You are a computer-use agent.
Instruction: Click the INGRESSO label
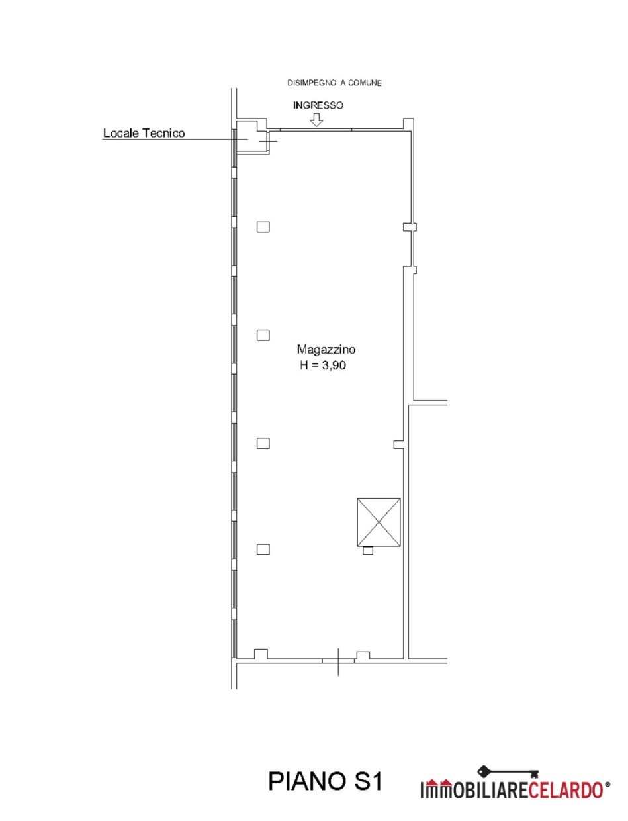pos(318,105)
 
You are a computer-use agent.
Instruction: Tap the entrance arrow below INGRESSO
pos(316,120)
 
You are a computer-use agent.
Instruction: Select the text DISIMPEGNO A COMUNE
pos(334,83)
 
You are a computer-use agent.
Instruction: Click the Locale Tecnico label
pos(144,134)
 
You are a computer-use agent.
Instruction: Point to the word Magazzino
pos(326,350)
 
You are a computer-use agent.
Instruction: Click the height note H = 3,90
pos(323,365)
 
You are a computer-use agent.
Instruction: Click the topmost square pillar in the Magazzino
pos(263,227)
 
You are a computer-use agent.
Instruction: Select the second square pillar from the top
pos(263,335)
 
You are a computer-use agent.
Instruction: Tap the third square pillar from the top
pos(263,443)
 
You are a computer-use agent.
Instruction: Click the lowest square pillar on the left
pos(263,550)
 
